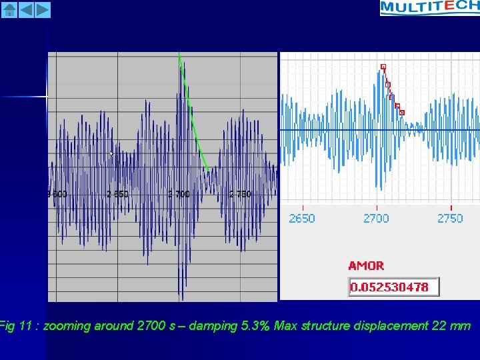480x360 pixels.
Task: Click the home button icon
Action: [9, 9]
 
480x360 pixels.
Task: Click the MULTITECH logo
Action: [429, 7]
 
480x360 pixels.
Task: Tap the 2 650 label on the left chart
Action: [117, 194]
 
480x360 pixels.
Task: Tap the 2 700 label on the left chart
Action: [179, 194]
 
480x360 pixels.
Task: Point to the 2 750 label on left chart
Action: [240, 194]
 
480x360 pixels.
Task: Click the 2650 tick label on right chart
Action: [302, 218]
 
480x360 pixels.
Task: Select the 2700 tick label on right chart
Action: [376, 218]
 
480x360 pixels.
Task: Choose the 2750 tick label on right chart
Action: [450, 218]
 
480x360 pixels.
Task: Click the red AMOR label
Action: [366, 265]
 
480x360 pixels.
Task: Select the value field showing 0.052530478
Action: [393, 287]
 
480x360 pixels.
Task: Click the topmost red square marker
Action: [383, 66]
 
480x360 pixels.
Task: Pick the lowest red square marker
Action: [402, 113]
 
